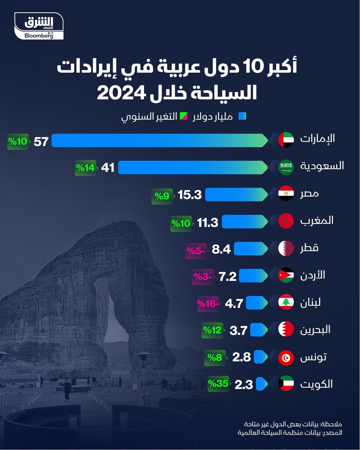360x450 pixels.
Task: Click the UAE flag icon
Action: [286, 140]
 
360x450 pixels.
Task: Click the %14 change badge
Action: [86, 167]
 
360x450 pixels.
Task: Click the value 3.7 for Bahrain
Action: [237, 330]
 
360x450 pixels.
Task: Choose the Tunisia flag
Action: [286, 357]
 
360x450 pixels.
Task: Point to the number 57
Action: [41, 141]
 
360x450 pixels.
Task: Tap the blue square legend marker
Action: [243, 117]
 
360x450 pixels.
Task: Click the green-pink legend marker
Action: [184, 117]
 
